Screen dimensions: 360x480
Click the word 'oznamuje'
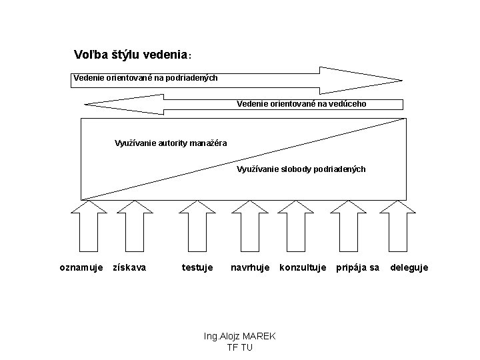[x=81, y=267]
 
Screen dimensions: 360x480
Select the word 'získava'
[x=130, y=267]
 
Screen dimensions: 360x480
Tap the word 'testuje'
[x=197, y=267]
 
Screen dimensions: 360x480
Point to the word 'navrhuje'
[x=250, y=267]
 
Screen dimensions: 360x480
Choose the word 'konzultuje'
[x=303, y=267]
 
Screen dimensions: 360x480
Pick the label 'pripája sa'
[x=358, y=267]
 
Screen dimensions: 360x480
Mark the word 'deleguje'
[x=409, y=267]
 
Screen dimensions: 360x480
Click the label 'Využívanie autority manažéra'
[x=171, y=143]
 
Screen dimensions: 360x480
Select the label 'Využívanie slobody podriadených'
[x=301, y=169]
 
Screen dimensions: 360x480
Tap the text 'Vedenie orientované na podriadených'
[x=145, y=78]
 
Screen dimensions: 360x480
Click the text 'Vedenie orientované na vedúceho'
[x=301, y=104]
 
